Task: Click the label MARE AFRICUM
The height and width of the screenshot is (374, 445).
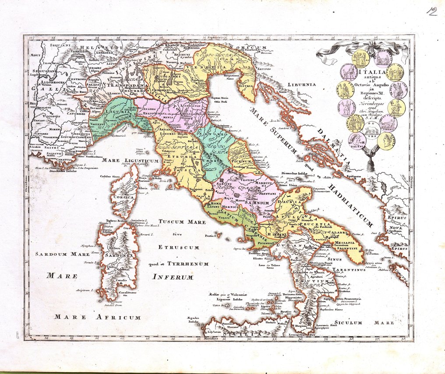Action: [x=98, y=317]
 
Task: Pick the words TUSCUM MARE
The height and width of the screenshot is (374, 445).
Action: [x=182, y=222]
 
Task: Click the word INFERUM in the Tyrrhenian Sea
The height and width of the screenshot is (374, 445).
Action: [x=173, y=277]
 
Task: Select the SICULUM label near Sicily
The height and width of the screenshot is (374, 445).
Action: [x=346, y=323]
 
